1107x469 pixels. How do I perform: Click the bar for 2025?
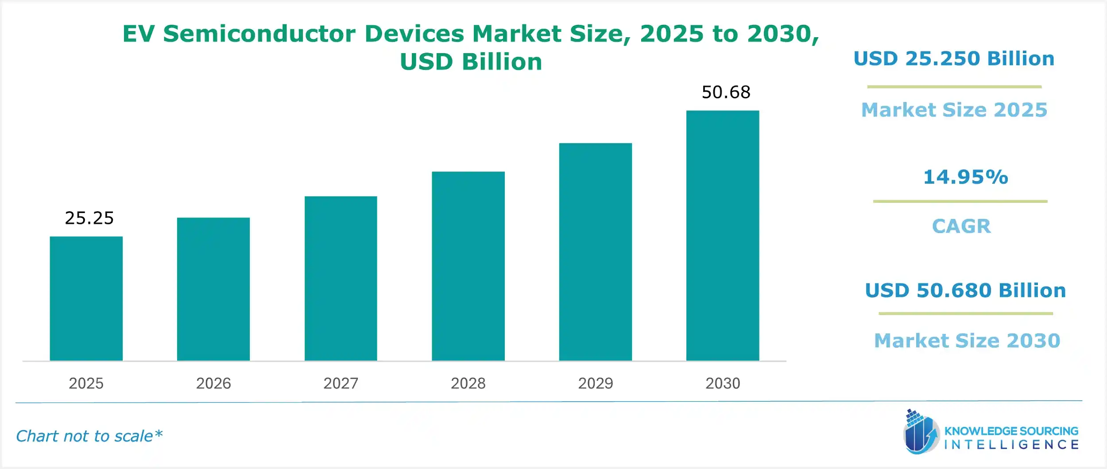(86, 298)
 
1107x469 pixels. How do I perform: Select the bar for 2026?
(213, 289)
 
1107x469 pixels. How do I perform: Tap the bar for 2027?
(341, 279)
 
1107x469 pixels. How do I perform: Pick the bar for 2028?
(468, 266)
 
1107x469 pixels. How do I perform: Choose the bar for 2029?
(596, 252)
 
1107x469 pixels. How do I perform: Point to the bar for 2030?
(723, 236)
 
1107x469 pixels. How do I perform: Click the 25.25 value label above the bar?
(89, 218)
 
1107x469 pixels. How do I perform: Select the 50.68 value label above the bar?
(726, 92)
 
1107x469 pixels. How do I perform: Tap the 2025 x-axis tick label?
(86, 383)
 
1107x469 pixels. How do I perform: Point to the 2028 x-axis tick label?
(468, 383)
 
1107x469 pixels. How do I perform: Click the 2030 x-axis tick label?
(723, 383)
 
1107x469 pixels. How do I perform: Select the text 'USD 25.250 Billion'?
(954, 59)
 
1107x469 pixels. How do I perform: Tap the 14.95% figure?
(965, 177)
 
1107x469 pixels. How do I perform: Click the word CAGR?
(961, 226)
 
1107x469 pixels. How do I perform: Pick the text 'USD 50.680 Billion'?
(965, 291)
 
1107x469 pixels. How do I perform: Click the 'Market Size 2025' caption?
(954, 110)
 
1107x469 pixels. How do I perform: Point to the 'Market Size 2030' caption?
(967, 341)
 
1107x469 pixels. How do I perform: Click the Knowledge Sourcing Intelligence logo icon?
(920, 432)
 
